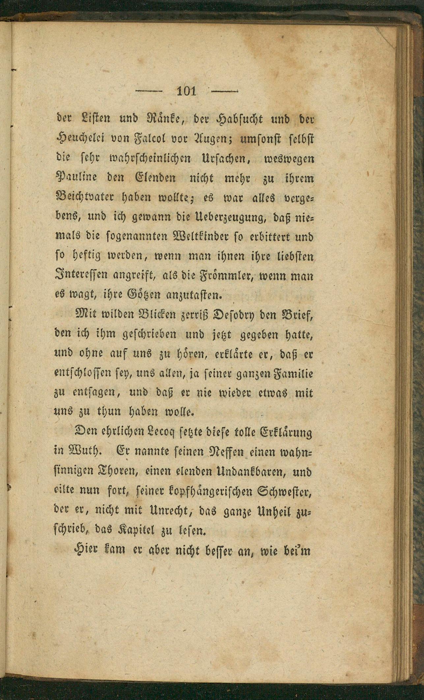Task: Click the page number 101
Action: [x=186, y=90]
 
